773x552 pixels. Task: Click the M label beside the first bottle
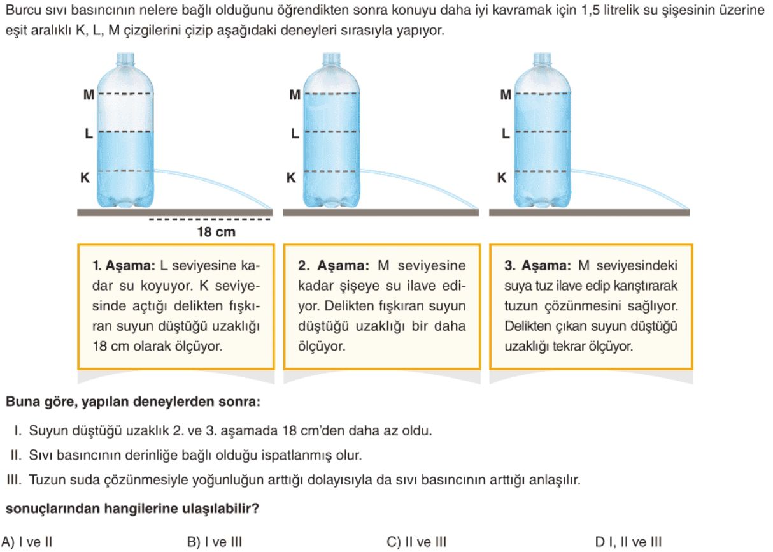coord(89,94)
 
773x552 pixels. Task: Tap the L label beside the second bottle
coord(295,133)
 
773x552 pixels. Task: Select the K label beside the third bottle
coord(502,178)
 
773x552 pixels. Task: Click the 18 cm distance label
coord(216,232)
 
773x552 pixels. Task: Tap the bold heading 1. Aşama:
coord(124,265)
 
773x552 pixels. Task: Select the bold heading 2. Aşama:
coord(334,265)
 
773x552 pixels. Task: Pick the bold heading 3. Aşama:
coord(537,265)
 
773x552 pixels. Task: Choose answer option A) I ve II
coord(27,541)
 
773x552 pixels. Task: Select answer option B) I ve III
coord(215,541)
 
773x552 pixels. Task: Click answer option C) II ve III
coord(416,541)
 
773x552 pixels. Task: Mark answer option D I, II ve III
coord(628,541)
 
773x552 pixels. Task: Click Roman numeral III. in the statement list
coord(14,480)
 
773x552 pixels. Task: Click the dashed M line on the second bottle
coord(331,94)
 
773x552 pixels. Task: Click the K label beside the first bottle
coord(85,178)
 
